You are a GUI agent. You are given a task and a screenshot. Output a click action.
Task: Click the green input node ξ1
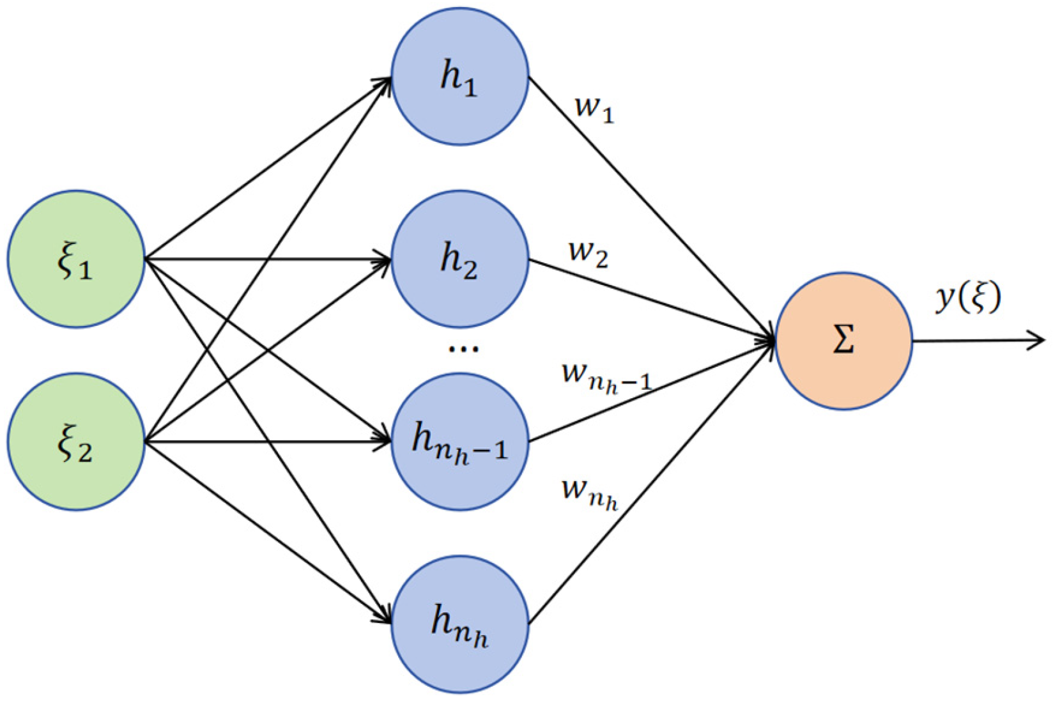pyautogui.click(x=76, y=259)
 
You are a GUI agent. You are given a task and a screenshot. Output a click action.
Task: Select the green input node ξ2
pyautogui.click(x=76, y=442)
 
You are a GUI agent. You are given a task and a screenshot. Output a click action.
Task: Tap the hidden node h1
pyautogui.click(x=459, y=77)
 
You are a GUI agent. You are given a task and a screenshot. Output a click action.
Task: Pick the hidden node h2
pyautogui.click(x=459, y=259)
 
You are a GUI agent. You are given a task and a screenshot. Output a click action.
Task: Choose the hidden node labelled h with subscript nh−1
pyautogui.click(x=459, y=442)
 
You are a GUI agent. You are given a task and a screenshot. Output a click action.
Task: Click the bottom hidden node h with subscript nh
pyautogui.click(x=459, y=624)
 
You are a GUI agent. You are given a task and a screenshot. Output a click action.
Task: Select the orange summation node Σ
pyautogui.click(x=843, y=341)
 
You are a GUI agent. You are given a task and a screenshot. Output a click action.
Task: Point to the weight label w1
pyautogui.click(x=594, y=109)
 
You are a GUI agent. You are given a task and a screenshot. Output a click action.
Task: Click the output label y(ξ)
pyautogui.click(x=967, y=298)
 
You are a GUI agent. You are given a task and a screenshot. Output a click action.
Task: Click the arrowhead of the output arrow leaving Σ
pyautogui.click(x=1038, y=341)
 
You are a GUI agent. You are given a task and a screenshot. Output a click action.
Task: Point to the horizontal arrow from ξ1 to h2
pyautogui.click(x=268, y=259)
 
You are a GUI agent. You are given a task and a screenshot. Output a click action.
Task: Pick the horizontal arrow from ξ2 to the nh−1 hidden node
pyautogui.click(x=268, y=442)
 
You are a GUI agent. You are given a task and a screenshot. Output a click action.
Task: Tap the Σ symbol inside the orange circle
pyautogui.click(x=843, y=341)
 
